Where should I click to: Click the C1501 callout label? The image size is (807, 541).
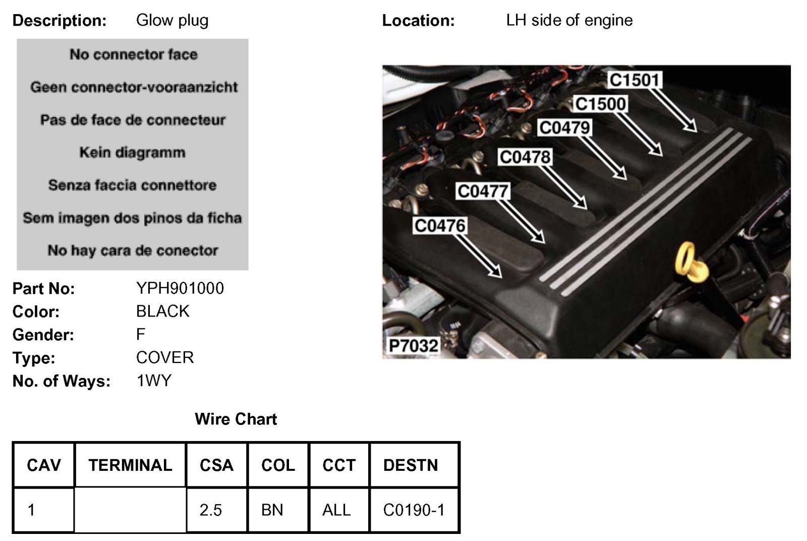click(635, 80)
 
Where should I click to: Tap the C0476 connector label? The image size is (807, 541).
click(439, 225)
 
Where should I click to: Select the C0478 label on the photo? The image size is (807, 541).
click(525, 157)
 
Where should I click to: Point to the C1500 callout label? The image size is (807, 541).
click(600, 104)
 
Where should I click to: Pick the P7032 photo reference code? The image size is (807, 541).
click(413, 346)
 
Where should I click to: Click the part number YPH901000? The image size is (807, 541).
click(180, 288)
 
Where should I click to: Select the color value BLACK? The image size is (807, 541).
click(162, 311)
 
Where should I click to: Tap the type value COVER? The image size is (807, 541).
click(164, 357)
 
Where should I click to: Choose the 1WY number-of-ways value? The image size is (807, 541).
click(154, 381)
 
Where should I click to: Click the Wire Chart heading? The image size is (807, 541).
click(236, 419)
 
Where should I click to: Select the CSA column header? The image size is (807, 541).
click(216, 465)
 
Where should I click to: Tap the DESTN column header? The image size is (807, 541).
click(410, 465)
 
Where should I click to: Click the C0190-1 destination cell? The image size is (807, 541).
click(414, 510)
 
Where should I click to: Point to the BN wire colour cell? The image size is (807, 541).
click(272, 510)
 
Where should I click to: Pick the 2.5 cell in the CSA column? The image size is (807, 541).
click(210, 510)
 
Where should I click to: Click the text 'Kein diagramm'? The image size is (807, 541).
click(132, 152)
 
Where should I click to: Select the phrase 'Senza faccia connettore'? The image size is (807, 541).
click(132, 185)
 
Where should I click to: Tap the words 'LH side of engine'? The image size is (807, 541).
click(569, 20)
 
